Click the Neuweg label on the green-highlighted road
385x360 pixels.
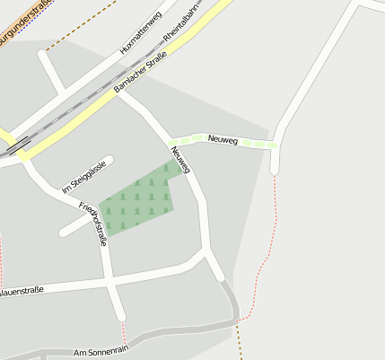coord(223,139)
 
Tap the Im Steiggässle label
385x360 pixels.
coord(84,177)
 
